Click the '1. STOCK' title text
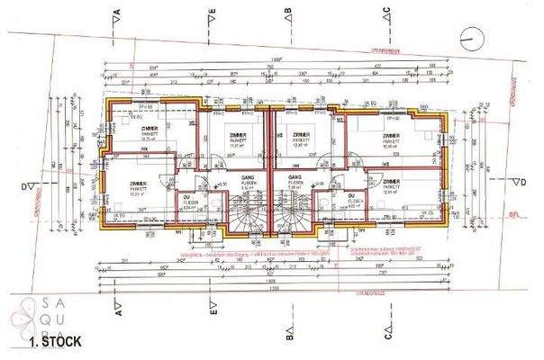tap(55, 342)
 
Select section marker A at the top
tap(118, 14)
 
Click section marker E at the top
tap(209, 14)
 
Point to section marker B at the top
tap(286, 14)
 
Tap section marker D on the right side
tap(515, 181)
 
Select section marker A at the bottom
tap(118, 307)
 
